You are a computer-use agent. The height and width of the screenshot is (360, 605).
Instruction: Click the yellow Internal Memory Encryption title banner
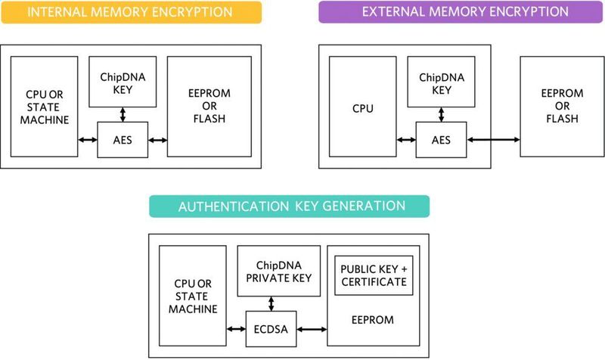point(132,12)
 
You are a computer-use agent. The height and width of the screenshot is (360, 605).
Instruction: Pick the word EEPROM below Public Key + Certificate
point(373,320)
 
